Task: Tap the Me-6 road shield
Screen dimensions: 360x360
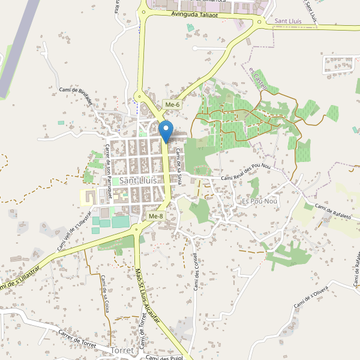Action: click(x=173, y=105)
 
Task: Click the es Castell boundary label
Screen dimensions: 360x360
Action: click(x=257, y=77)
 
